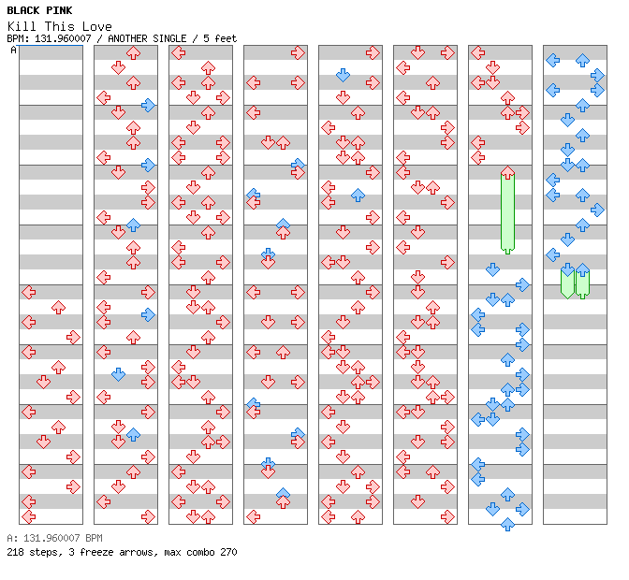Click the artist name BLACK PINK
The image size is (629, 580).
click(x=39, y=10)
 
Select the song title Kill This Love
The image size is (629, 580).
click(x=59, y=26)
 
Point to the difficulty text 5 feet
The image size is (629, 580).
click(x=217, y=38)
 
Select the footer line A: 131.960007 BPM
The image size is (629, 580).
click(x=54, y=539)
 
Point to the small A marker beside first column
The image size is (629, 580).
click(x=13, y=51)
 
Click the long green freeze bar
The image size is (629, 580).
click(x=507, y=213)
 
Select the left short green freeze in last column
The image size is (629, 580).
click(x=567, y=283)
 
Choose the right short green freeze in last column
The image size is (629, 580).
click(x=582, y=283)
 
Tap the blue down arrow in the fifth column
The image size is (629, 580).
click(x=343, y=75)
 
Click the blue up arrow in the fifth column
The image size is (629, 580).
click(x=358, y=195)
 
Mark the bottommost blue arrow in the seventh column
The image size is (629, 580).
click(x=507, y=524)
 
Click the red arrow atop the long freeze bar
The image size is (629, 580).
click(x=507, y=173)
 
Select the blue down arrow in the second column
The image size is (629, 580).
click(x=118, y=374)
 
